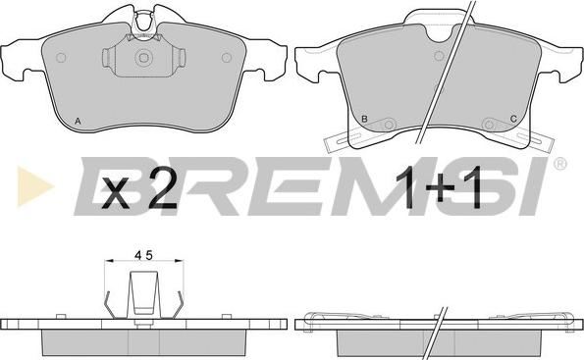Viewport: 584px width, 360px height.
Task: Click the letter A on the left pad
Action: [x=78, y=121]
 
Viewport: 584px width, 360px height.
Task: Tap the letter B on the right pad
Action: [x=364, y=119]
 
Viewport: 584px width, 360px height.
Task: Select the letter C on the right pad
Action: [x=513, y=119]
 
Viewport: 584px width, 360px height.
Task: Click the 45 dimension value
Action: [x=143, y=255]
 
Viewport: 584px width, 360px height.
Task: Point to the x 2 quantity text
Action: [x=140, y=191]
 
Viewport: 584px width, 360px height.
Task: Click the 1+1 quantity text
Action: [x=439, y=188]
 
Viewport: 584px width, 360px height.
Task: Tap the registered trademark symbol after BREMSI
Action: [x=559, y=164]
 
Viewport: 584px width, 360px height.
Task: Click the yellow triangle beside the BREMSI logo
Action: [x=35, y=185]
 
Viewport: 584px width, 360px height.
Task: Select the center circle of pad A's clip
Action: [x=143, y=58]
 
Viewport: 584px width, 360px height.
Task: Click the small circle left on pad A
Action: [x=61, y=58]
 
